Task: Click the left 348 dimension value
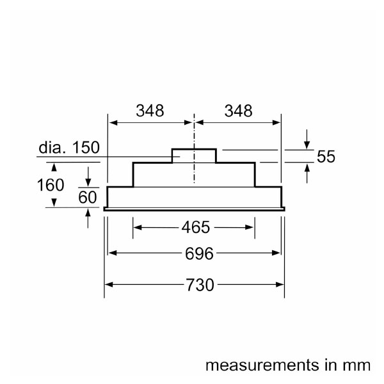click(x=150, y=111)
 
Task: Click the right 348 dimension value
click(x=238, y=111)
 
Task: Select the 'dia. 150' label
click(x=69, y=148)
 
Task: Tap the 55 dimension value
click(x=326, y=157)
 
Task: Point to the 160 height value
click(x=50, y=185)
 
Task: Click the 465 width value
click(x=195, y=227)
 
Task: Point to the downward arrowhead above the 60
click(x=88, y=181)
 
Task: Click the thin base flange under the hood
click(x=194, y=208)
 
